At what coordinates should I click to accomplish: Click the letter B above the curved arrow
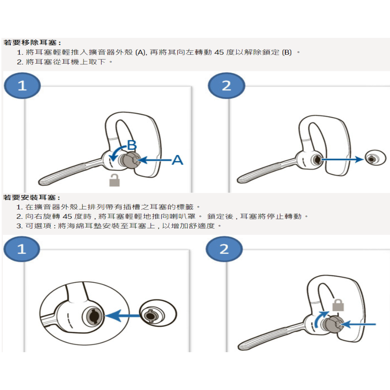132,146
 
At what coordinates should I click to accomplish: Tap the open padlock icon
114,180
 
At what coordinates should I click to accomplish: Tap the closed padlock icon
338,305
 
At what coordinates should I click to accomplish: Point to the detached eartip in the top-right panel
374,158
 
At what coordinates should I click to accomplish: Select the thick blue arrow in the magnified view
123,316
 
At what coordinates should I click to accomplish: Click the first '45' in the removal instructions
219,52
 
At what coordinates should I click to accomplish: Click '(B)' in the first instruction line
286,52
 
